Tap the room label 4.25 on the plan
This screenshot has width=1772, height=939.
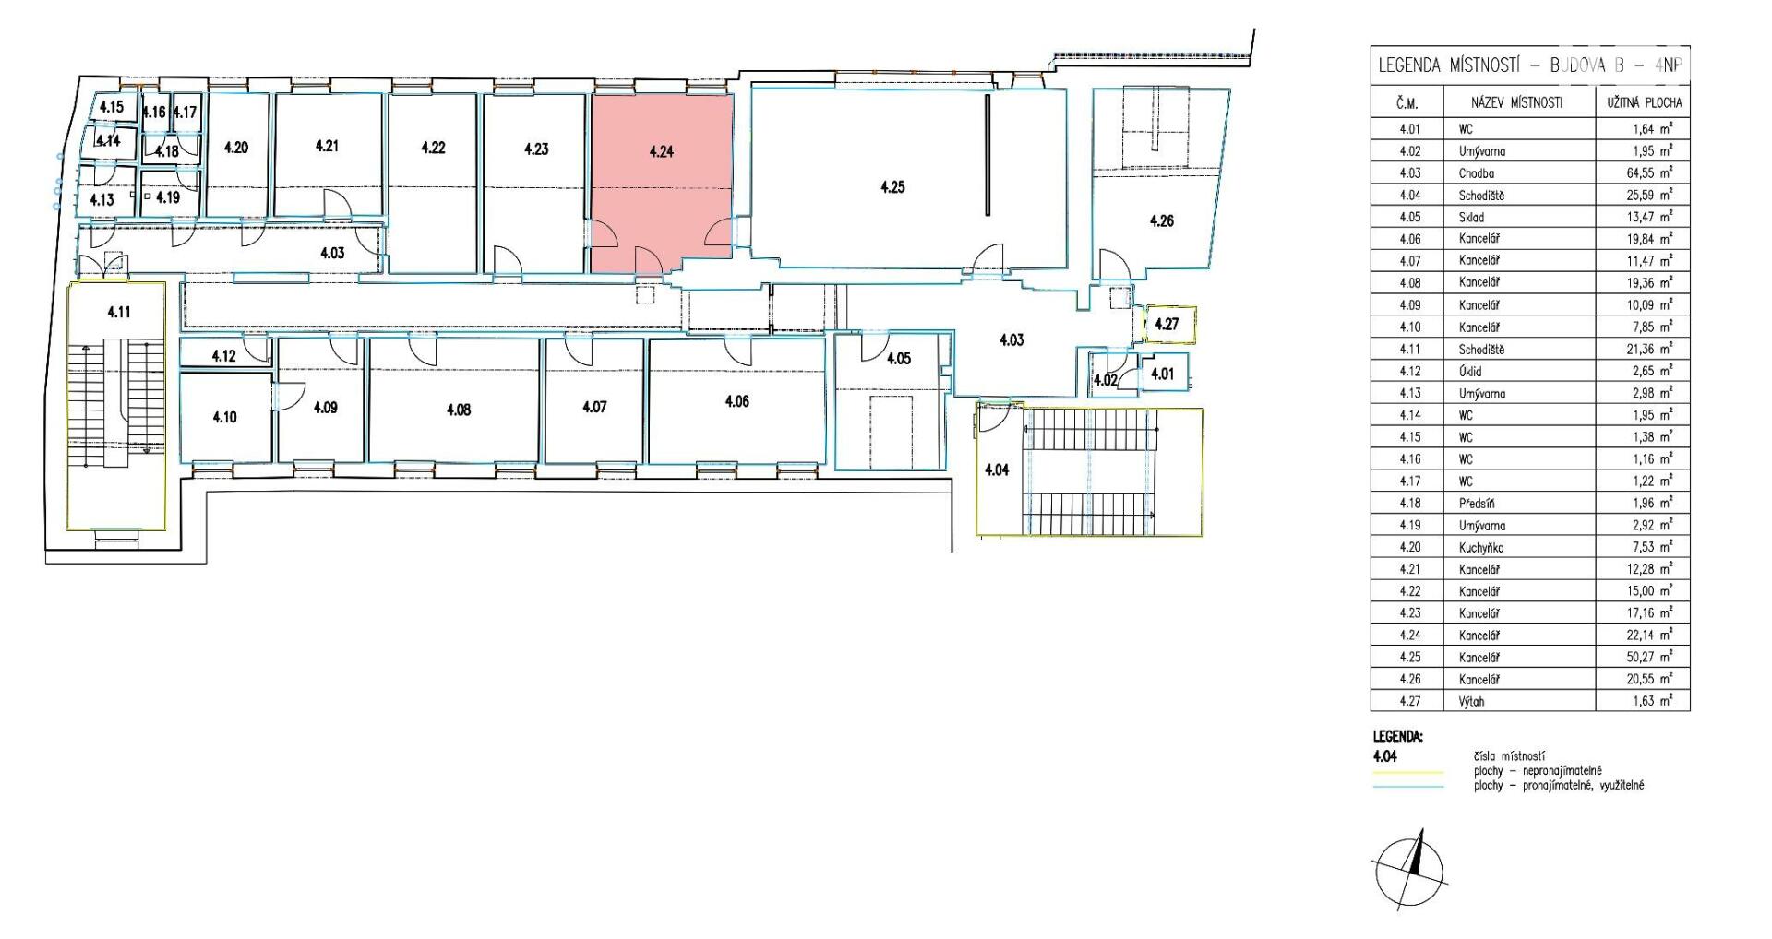point(892,187)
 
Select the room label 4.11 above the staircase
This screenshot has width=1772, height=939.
point(118,312)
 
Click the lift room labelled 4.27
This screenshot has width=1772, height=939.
point(1167,325)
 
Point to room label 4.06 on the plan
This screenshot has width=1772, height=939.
point(736,401)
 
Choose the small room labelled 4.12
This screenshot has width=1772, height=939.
point(224,354)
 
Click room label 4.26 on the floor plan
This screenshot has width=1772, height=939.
point(1161,220)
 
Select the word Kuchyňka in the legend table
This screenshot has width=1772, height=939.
point(1482,547)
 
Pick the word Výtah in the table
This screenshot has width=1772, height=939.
point(1472,701)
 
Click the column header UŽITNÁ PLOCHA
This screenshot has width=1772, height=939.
point(1644,102)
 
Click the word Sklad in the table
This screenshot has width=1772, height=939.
point(1471,217)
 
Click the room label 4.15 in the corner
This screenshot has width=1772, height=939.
point(111,107)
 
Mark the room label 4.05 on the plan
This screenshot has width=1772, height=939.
point(898,358)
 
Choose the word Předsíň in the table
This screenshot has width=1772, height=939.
point(1477,503)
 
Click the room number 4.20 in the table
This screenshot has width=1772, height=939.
point(1408,547)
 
